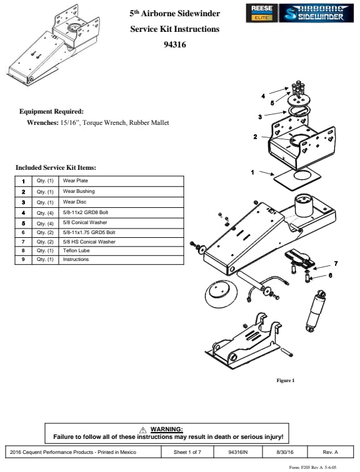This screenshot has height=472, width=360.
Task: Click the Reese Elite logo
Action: pyautogui.click(x=261, y=13)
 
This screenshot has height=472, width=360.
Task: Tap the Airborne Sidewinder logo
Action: pyautogui.click(x=316, y=13)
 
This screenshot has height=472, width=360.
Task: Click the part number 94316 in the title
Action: pyautogui.click(x=175, y=44)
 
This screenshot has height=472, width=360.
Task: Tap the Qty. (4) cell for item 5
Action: pyautogui.click(x=45, y=224)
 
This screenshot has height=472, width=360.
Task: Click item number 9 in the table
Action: pyautogui.click(x=24, y=259)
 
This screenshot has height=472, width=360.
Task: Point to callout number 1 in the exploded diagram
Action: pyautogui.click(x=252, y=172)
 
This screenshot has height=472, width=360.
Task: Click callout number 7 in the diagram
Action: pyautogui.click(x=336, y=263)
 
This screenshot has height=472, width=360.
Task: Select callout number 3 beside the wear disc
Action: pyautogui.click(x=260, y=117)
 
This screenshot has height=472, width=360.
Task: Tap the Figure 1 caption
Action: pyautogui.click(x=286, y=380)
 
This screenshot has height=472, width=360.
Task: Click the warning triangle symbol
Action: pyautogui.click(x=142, y=430)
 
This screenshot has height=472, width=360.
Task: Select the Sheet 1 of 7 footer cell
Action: pyautogui.click(x=187, y=452)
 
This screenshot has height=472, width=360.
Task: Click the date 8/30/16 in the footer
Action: pyautogui.click(x=285, y=452)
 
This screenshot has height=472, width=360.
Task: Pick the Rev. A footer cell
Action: pyautogui.click(x=331, y=452)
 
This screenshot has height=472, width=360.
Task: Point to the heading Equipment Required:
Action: pyautogui.click(x=51, y=112)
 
